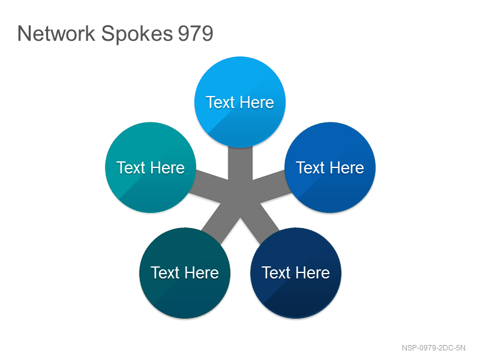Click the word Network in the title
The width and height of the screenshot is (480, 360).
click(x=56, y=33)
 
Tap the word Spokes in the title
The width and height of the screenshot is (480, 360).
click(x=137, y=34)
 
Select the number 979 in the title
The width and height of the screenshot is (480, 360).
click(x=196, y=34)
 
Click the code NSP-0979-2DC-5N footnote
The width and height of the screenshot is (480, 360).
click(x=433, y=348)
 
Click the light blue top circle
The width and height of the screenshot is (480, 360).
click(x=240, y=101)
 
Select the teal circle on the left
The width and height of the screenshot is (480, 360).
click(x=151, y=167)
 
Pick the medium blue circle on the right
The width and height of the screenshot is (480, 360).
click(x=330, y=167)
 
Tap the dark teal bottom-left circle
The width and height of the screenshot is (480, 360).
click(x=185, y=273)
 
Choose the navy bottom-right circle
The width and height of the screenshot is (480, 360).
click(x=296, y=273)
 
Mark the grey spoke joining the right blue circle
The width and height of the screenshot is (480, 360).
click(x=271, y=187)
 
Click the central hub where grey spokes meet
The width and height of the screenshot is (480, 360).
click(x=241, y=197)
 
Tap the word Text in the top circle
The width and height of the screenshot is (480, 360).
click(x=220, y=102)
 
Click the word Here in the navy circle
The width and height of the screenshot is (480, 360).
click(x=313, y=273)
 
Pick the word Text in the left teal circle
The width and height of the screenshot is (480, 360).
click(x=131, y=168)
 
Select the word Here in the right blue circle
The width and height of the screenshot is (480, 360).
click(x=347, y=168)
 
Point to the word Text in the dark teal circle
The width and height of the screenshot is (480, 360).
click(x=165, y=273)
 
